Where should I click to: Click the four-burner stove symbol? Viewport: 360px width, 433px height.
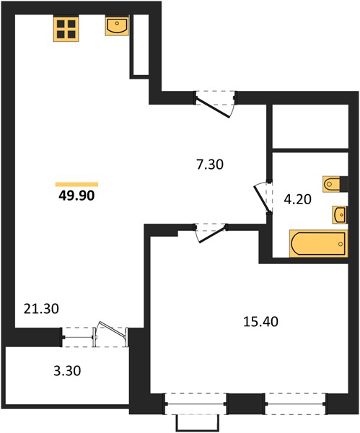point(66,29)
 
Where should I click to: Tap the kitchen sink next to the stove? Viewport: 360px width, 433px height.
point(117,26)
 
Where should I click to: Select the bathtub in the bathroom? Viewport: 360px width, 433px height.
point(318,243)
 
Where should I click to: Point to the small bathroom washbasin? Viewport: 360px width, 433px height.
point(340,214)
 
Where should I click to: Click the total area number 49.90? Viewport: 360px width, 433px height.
point(76,196)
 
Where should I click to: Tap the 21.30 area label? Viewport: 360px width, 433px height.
point(41,308)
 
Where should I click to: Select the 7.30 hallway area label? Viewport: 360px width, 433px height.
point(209,165)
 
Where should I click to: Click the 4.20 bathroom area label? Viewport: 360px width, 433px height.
point(298,199)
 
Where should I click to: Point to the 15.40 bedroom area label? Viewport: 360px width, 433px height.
point(260,322)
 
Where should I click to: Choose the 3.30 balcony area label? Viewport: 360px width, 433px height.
point(67,371)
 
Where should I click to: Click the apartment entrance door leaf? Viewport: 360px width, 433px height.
point(213,108)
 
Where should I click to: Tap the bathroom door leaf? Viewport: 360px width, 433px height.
point(261,199)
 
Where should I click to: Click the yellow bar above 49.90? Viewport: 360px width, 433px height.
point(76,185)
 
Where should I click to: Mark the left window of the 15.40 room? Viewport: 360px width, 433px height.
point(196,403)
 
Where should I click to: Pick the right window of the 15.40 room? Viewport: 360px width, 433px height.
point(295,403)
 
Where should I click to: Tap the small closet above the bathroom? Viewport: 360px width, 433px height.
point(310,126)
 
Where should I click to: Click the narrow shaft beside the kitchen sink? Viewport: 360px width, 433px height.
point(141,44)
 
